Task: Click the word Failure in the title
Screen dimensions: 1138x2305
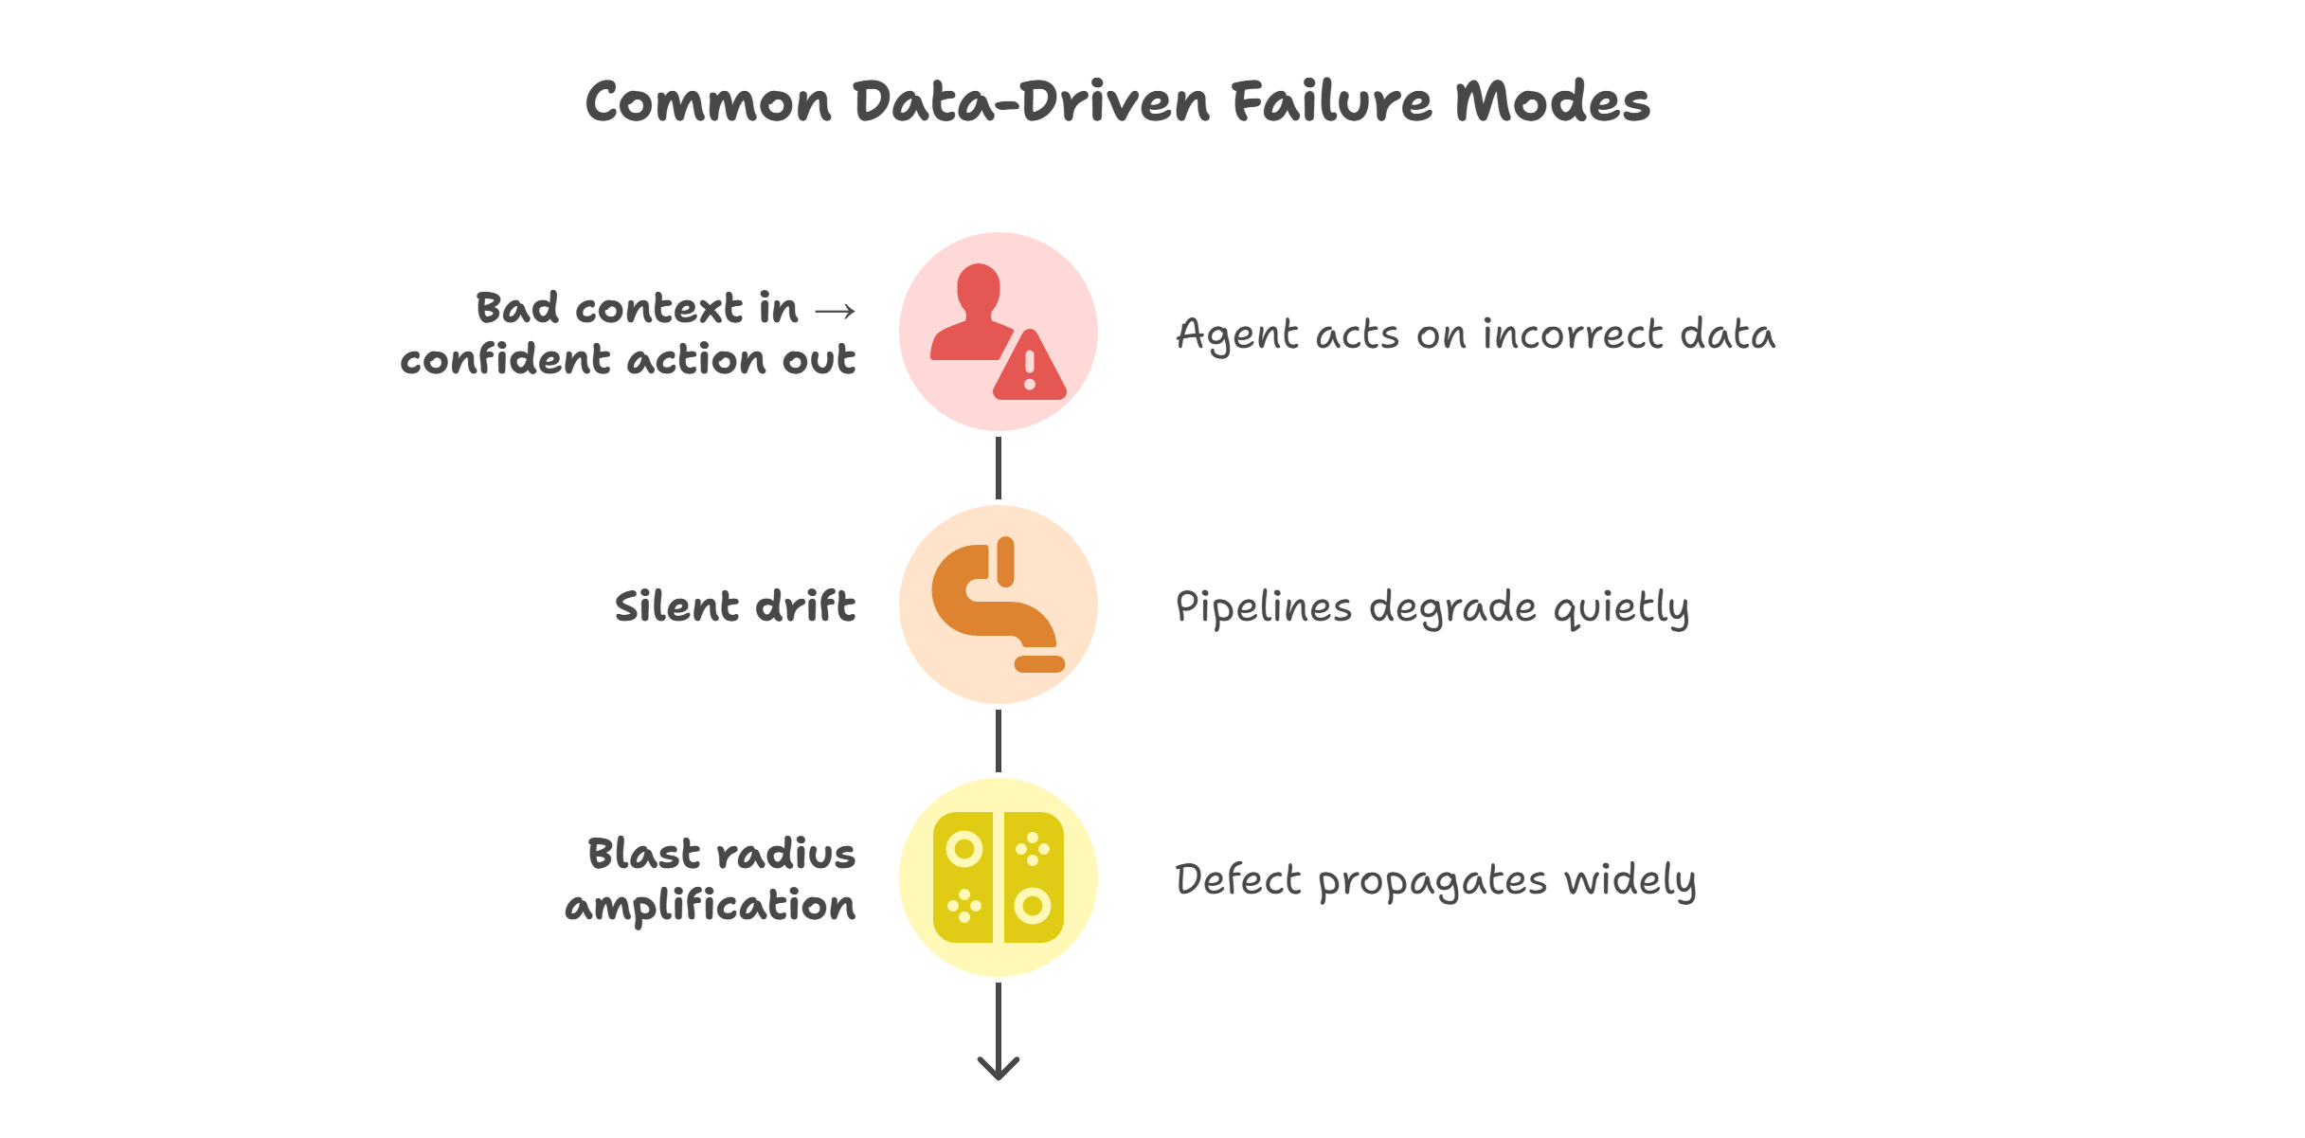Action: point(1332,102)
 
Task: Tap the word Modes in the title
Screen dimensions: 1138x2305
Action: point(1553,102)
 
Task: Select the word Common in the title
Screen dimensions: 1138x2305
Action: point(708,102)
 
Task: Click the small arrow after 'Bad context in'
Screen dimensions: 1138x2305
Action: point(835,311)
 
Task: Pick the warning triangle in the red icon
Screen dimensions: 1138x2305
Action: point(1030,368)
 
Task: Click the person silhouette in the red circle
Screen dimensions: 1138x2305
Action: point(974,313)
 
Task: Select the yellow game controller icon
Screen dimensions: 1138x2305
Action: point(998,877)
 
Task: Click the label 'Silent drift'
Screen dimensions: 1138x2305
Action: point(735,606)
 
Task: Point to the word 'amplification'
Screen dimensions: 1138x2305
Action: point(711,906)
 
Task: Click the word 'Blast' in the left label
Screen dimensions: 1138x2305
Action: point(643,854)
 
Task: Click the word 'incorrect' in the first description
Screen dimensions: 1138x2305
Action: point(1573,334)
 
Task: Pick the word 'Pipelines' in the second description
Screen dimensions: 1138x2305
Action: point(1263,608)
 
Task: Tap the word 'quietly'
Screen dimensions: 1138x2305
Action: point(1621,608)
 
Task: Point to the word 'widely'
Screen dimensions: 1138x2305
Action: point(1630,881)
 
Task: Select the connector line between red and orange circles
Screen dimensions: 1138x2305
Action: point(998,468)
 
